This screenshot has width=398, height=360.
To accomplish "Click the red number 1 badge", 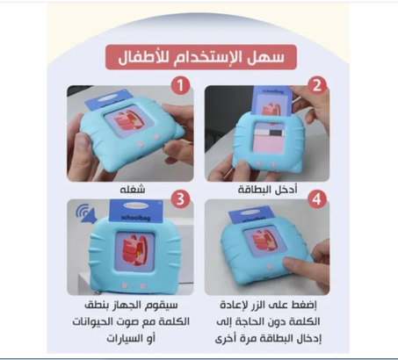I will [x=179, y=86].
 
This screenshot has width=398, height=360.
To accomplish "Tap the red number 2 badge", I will [x=319, y=86].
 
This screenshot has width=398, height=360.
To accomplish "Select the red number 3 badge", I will [x=179, y=198].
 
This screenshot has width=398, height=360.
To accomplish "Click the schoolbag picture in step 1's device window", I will [x=125, y=125].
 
